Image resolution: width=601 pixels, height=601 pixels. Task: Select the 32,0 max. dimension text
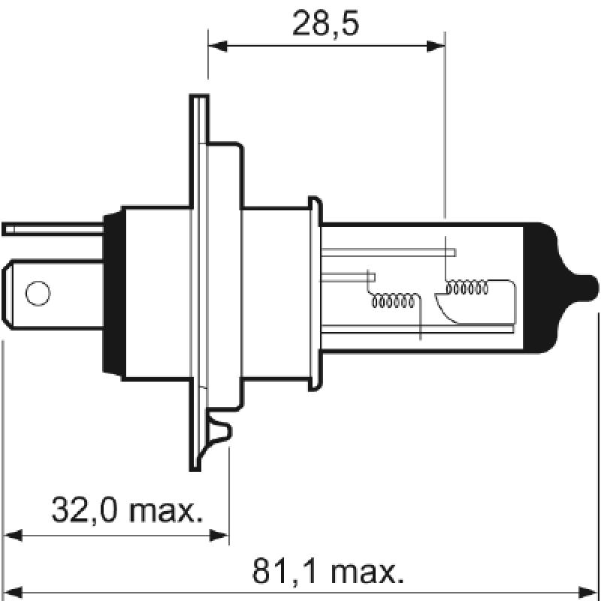[128, 511]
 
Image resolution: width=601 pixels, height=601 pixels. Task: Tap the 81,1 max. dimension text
[327, 572]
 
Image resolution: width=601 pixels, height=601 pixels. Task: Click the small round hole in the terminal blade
[37, 292]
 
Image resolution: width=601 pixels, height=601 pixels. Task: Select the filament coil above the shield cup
[467, 287]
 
